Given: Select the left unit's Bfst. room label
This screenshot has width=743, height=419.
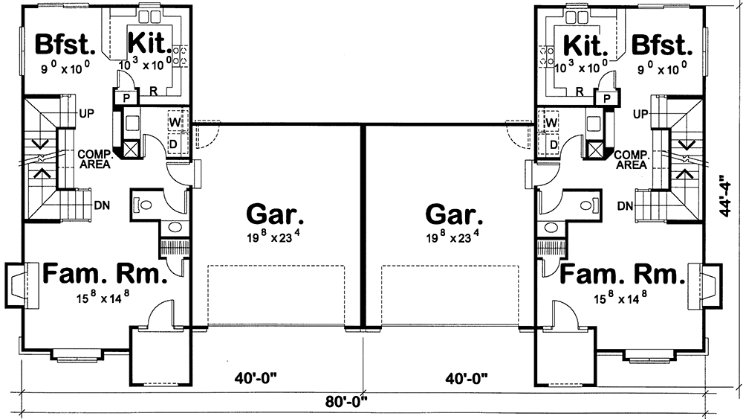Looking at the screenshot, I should coord(65,44).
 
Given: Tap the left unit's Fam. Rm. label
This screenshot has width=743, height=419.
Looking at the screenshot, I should coord(103,275).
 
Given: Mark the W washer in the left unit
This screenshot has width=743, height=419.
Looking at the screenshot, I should coord(176,121).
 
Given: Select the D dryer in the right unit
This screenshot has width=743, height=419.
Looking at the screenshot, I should coord(552,143).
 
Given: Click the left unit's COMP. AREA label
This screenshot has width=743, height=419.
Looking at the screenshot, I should coord(95,159).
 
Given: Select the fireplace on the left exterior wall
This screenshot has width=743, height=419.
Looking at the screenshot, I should coord(16,285).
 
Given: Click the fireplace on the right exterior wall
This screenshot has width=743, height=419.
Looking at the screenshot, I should coord(710,285).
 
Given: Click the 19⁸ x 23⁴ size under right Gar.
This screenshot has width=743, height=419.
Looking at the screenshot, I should coord(454,240).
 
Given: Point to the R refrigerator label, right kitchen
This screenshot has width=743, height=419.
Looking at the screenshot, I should coord(580,92).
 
